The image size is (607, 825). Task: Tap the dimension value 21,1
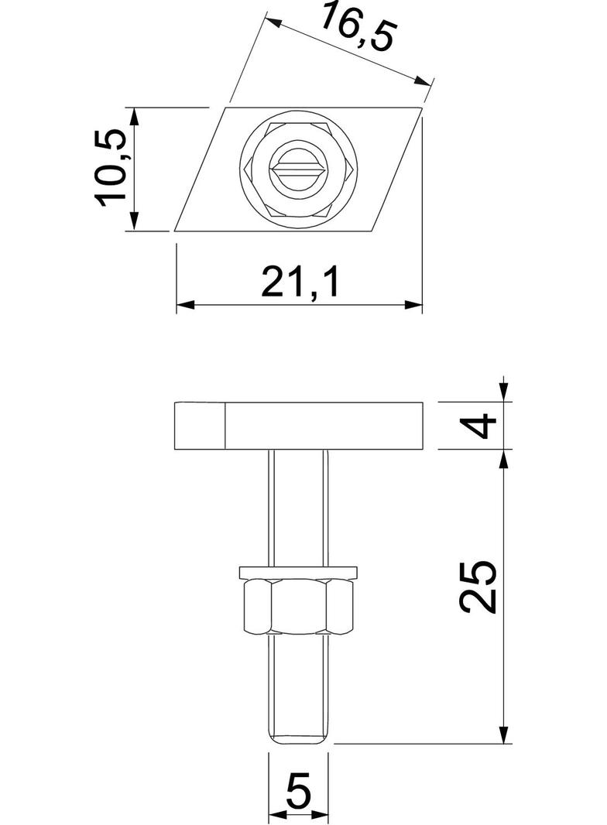[x=300, y=283]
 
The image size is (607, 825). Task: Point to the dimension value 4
[x=484, y=425]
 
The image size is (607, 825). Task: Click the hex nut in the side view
[x=299, y=608]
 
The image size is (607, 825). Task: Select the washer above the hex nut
[x=299, y=573]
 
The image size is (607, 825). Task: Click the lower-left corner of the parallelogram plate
[x=175, y=231]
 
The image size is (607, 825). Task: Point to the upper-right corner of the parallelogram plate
[x=422, y=107]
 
